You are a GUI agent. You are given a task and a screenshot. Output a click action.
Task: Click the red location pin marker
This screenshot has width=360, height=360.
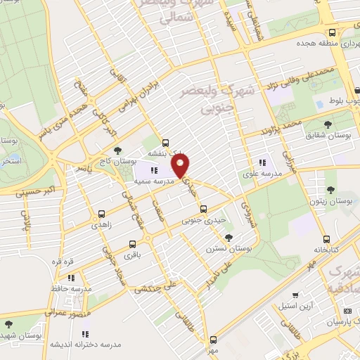click(181, 167)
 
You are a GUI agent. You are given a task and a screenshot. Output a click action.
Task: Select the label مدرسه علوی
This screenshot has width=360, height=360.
click(262, 173)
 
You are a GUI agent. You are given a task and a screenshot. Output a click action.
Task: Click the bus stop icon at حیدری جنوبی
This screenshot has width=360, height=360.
click(203, 209)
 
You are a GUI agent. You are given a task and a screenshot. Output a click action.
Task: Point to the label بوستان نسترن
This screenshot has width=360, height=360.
click(224, 249)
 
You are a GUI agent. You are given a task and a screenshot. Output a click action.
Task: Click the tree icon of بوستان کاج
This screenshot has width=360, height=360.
click(117, 150)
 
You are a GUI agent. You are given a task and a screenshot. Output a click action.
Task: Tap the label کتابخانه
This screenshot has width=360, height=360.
click(326, 250)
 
